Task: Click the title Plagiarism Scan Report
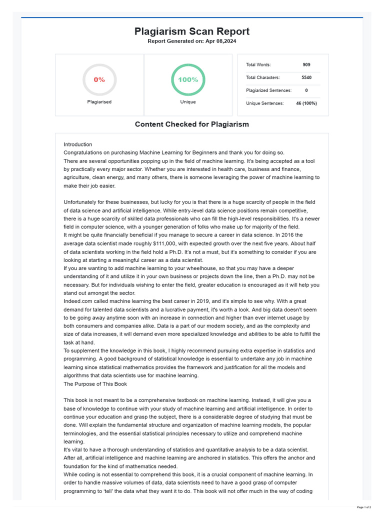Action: (x=191, y=31)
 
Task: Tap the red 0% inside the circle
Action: (x=99, y=79)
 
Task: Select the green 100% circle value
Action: (x=188, y=79)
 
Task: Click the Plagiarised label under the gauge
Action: (x=99, y=101)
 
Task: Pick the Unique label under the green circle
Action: (x=188, y=101)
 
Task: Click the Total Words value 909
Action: (x=306, y=64)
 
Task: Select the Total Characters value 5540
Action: (x=306, y=77)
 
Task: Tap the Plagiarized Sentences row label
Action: (x=268, y=90)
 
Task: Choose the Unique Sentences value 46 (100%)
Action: (x=305, y=103)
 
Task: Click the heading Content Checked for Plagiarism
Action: (x=191, y=124)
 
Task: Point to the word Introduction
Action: (x=78, y=144)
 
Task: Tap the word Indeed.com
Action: (x=78, y=301)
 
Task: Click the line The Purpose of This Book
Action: (x=95, y=384)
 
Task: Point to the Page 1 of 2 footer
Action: (x=363, y=507)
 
